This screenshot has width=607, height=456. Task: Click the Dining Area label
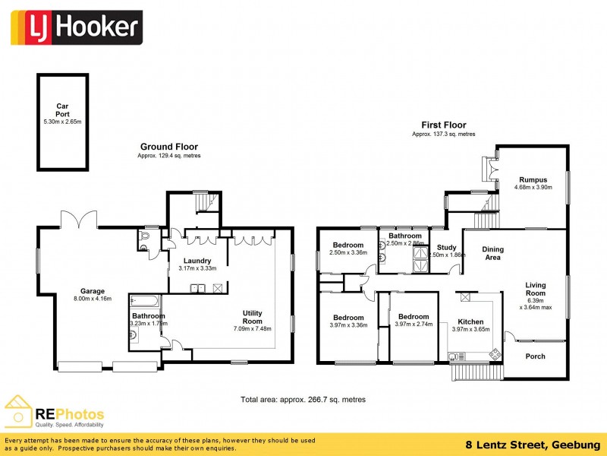pyautogui.click(x=493, y=253)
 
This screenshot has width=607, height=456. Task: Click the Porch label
pyautogui.click(x=535, y=356)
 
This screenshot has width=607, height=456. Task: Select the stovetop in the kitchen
pyautogui.click(x=495, y=353)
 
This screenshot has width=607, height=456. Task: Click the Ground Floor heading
pyautogui.click(x=168, y=147)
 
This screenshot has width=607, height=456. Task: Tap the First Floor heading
pyautogui.click(x=444, y=125)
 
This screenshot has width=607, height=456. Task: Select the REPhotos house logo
pyautogui.click(x=18, y=411)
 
